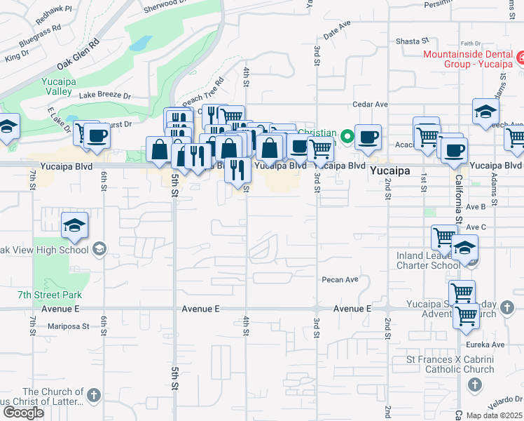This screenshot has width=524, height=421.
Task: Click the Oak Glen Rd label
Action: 78,53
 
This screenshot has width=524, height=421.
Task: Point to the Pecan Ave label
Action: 340,279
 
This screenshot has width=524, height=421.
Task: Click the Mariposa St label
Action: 69,326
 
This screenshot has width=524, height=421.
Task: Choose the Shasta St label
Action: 412,41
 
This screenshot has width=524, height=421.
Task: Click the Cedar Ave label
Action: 371,105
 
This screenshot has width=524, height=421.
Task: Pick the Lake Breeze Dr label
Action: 105,95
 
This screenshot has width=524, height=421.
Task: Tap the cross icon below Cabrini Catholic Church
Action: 474,385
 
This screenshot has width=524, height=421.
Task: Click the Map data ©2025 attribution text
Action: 495,415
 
